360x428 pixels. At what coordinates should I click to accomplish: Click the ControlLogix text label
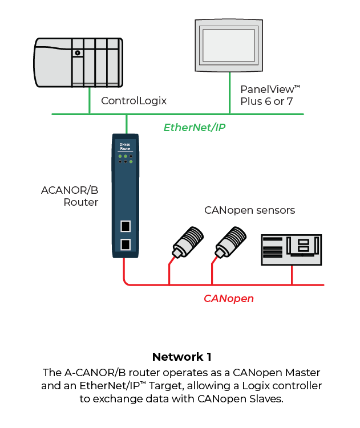(134, 101)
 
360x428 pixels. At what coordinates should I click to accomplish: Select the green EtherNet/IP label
(195, 127)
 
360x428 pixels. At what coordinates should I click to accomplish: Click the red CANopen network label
(229, 298)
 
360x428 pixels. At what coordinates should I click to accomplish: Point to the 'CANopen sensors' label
(249, 210)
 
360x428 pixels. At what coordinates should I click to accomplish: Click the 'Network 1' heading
(181, 357)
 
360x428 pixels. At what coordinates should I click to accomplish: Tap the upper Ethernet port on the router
(125, 226)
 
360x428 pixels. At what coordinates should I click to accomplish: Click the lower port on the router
(125, 245)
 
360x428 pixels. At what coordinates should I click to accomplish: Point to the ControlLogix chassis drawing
(78, 62)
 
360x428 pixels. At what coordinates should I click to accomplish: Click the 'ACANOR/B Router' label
(70, 196)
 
